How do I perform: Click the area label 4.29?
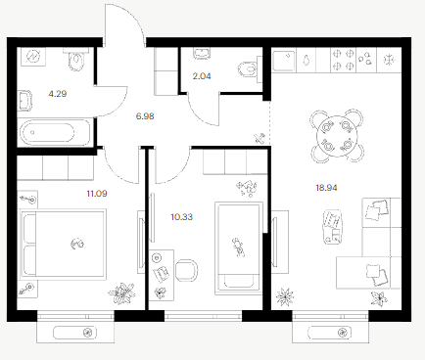pyautogui.click(x=58, y=94)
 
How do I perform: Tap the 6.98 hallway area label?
pyautogui.click(x=145, y=116)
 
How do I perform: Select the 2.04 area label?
pyautogui.click(x=202, y=76)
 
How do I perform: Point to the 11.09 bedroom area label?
pyautogui.click(x=97, y=194)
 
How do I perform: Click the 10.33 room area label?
pyautogui.click(x=182, y=217)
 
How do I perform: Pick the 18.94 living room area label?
pyautogui.click(x=326, y=188)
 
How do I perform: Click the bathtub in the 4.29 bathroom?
pyautogui.click(x=55, y=132)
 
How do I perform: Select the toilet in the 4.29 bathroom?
pyautogui.click(x=76, y=60)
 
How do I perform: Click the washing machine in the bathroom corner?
pyautogui.click(x=33, y=57)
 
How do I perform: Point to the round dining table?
pyautogui.click(x=337, y=136)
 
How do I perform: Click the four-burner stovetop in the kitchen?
pyautogui.click(x=344, y=60)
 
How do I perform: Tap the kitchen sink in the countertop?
pyautogui.click(x=284, y=61)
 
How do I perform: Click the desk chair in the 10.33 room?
pyautogui.click(x=186, y=270)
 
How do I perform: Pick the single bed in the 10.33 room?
pyautogui.click(x=239, y=248)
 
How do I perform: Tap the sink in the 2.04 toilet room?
pyautogui.click(x=202, y=54)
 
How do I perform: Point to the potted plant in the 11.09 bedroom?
pyautogui.click(x=122, y=293)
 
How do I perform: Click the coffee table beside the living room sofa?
pyautogui.click(x=333, y=228)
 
